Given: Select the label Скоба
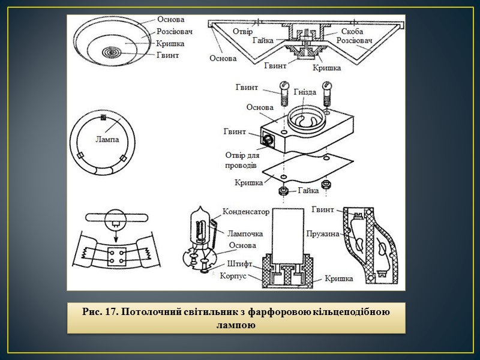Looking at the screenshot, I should (352, 31).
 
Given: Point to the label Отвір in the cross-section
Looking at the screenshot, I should (242, 31).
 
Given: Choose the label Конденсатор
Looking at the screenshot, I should (246, 212).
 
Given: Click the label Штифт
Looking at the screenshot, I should (240, 264).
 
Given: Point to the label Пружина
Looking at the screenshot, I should (323, 233).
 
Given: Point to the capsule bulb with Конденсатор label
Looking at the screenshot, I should (200, 226).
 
